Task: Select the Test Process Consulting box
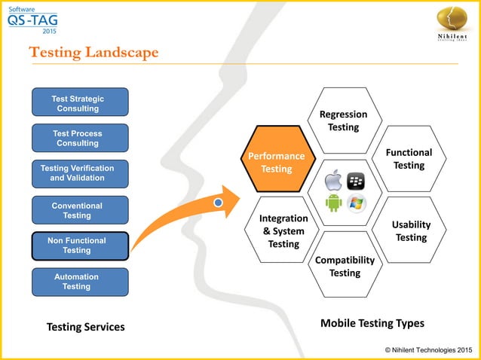point(79,138)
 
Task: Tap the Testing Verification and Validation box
point(79,173)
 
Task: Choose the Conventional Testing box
point(79,210)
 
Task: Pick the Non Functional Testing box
point(79,246)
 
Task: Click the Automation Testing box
point(79,282)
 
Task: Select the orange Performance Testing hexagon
point(277,162)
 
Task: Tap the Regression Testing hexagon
point(343,121)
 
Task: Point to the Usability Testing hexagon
point(411,230)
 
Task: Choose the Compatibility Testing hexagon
point(345,266)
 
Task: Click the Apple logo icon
point(332,181)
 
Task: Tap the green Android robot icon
point(333,203)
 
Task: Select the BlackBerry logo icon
point(355,181)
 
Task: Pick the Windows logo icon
point(356,203)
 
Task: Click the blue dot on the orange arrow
point(218,203)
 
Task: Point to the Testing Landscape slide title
point(93,52)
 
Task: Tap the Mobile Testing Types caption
point(372,323)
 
